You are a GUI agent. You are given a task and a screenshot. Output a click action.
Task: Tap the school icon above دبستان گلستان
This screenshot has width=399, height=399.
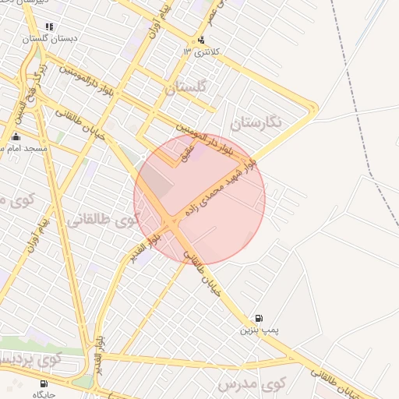click(x=50, y=26)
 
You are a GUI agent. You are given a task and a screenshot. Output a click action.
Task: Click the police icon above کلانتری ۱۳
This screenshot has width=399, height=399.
click(x=202, y=40)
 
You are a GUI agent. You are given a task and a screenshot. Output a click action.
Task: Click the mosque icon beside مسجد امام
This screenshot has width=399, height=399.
click(x=16, y=137)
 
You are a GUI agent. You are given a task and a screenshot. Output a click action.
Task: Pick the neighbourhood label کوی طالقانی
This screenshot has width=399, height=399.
click(x=101, y=220)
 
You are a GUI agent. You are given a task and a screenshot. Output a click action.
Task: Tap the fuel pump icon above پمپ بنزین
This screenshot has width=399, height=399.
click(x=258, y=318)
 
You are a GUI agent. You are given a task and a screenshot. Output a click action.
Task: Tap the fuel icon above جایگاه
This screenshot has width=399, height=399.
click(x=43, y=383)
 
